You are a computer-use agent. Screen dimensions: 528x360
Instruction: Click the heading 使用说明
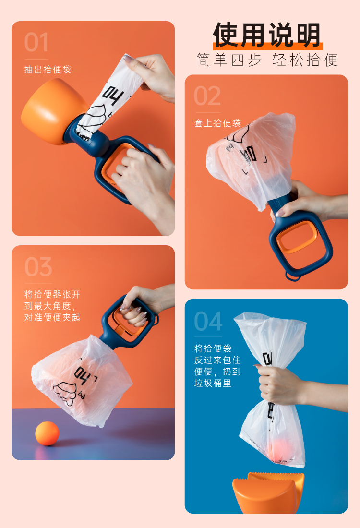[x=267, y=35]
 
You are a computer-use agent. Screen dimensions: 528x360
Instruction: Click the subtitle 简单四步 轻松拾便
[x=267, y=60]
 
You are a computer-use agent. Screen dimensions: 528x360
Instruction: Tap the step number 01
[x=36, y=43]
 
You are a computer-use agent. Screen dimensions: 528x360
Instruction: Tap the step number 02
[x=207, y=96]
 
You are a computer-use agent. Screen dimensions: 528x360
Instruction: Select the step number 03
[x=38, y=267]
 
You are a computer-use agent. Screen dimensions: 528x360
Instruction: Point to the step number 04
[x=208, y=321]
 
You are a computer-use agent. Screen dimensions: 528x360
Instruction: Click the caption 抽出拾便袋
[x=48, y=70]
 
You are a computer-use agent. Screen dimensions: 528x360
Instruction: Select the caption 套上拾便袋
[x=217, y=123]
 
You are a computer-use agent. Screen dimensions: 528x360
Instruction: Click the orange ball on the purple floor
[x=47, y=433]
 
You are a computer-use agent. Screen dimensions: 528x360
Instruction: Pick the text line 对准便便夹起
[x=52, y=317]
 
